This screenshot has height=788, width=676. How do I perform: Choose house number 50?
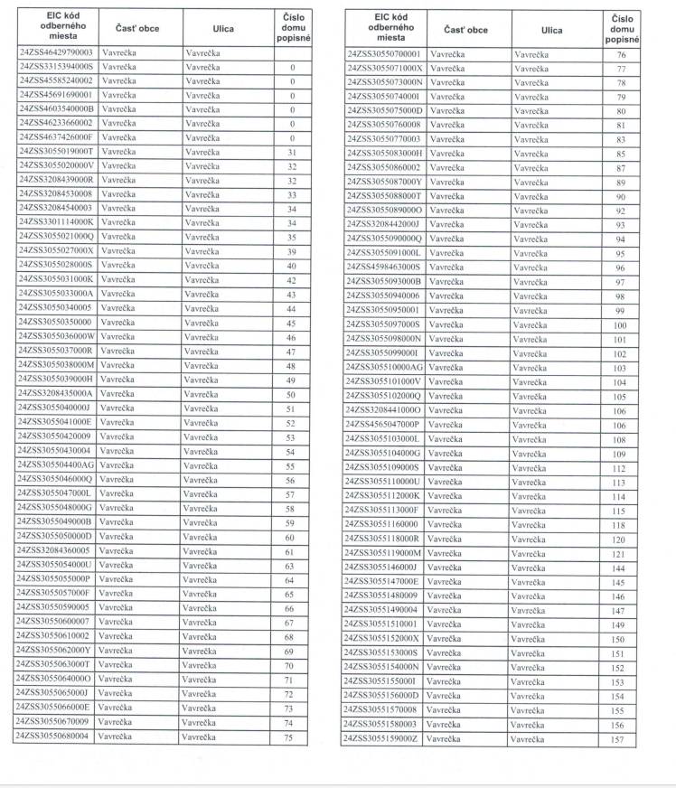click(291, 395)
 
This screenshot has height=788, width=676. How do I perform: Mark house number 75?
click(289, 737)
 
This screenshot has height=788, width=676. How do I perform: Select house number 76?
click(621, 55)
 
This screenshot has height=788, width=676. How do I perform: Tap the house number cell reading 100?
click(620, 325)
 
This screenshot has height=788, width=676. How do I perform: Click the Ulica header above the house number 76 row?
click(551, 30)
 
